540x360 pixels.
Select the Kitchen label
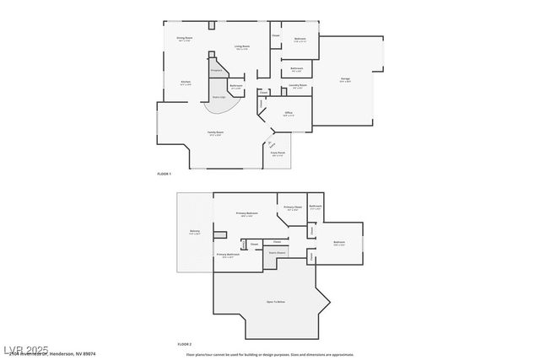coord(185,82)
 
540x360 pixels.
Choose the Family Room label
coord(215,132)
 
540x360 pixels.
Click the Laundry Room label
coord(297,85)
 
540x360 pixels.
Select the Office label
coord(288,113)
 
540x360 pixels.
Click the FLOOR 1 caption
coord(164,174)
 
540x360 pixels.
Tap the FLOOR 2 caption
coord(184,344)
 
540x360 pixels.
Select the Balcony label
coord(194,233)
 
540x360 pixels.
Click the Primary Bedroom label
coord(247,213)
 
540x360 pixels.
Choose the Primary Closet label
coord(293,207)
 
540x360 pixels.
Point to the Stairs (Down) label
coord(278,252)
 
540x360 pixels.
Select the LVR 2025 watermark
coord(25,349)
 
